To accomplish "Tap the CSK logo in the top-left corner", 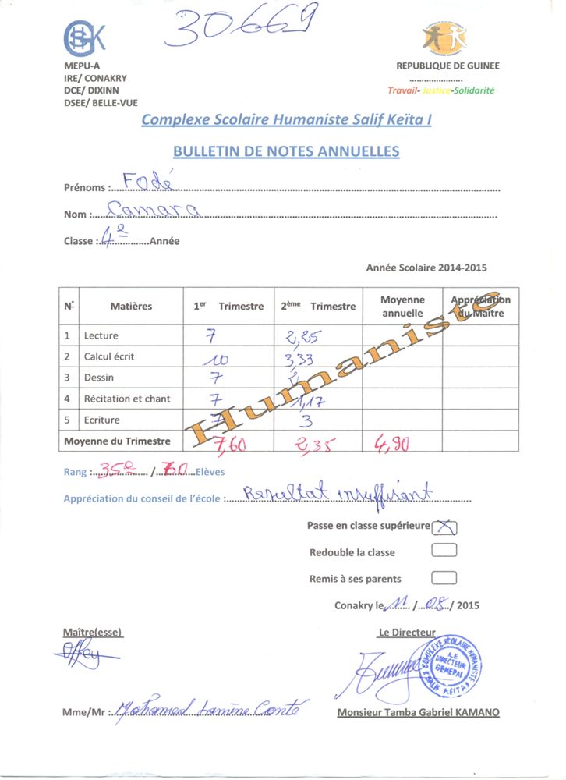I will pos(83,37).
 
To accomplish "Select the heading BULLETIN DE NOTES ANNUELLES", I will pos(285,151).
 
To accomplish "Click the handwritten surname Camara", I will pos(153,209).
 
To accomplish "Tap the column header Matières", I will pos(131,307).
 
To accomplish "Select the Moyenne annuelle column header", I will pos(402,306).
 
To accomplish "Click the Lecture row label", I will pos(101,335).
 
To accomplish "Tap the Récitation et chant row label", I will pos(127,399).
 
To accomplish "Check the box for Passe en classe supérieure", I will pos(444,526).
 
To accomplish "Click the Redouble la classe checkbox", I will pos(444,551).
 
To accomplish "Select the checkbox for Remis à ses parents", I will pos(444,578).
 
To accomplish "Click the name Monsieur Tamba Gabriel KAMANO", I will pos(418,712).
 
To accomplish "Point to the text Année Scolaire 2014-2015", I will pos(426,268).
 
